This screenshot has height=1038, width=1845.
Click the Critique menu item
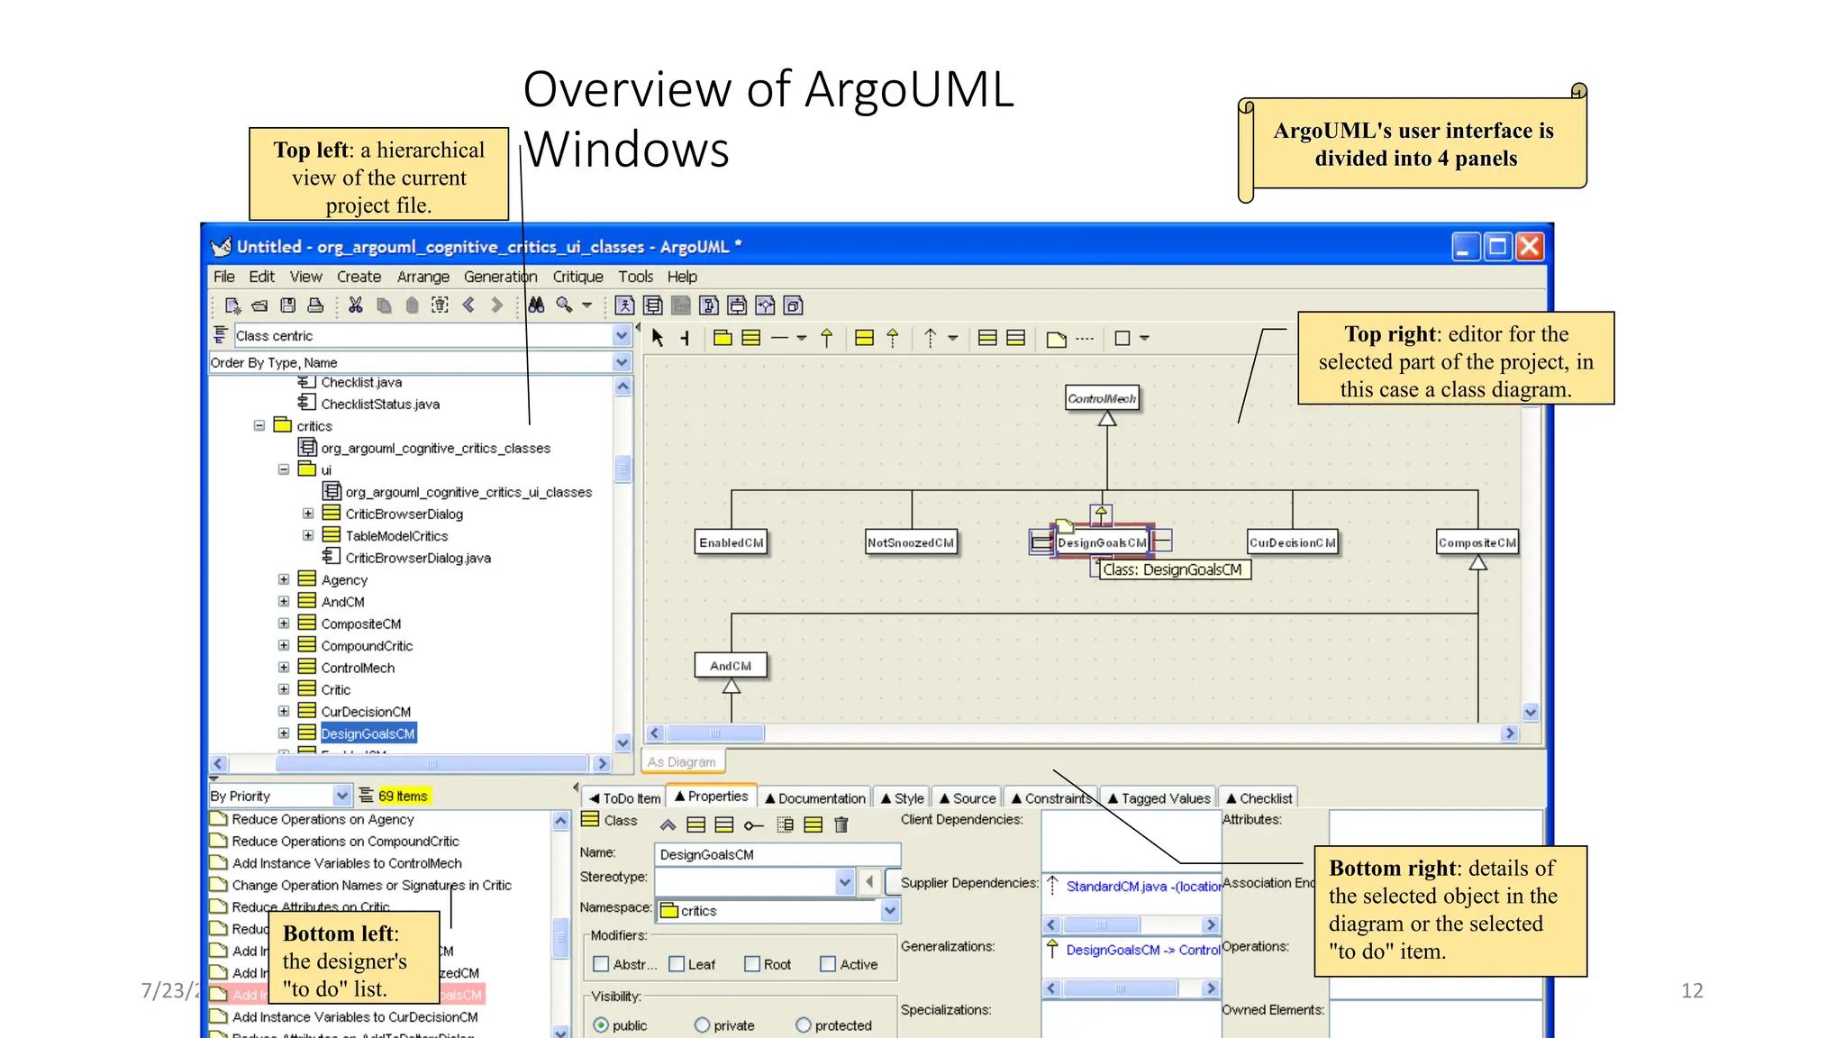pyautogui.click(x=577, y=277)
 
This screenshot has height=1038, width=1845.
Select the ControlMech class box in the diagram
pyautogui.click(x=1101, y=398)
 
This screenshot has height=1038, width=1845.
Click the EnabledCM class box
pyautogui.click(x=731, y=542)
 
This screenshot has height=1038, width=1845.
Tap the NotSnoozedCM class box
pyautogui.click(x=910, y=542)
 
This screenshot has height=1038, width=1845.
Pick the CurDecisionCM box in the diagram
pyautogui.click(x=1291, y=542)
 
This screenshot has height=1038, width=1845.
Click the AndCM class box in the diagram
pyautogui.click(x=730, y=666)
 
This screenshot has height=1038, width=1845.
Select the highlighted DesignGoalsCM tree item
pyautogui.click(x=368, y=733)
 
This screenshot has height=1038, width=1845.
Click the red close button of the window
pyautogui.click(x=1529, y=247)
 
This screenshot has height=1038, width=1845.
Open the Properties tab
pyautogui.click(x=712, y=797)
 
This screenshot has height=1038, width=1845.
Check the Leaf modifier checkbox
pyautogui.click(x=677, y=964)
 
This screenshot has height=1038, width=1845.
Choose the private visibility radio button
pyautogui.click(x=703, y=1025)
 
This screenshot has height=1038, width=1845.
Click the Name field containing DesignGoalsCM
pyautogui.click(x=777, y=854)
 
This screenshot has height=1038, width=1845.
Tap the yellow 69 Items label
pyautogui.click(x=403, y=796)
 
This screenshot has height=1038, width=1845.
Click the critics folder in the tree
pyautogui.click(x=314, y=426)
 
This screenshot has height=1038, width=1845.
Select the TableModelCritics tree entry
pyautogui.click(x=396, y=536)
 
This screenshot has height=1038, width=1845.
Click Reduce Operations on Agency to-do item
pyautogui.click(x=323, y=819)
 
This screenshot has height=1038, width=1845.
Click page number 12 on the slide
pyautogui.click(x=1691, y=990)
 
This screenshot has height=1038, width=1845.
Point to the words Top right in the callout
pyautogui.click(x=1390, y=334)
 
